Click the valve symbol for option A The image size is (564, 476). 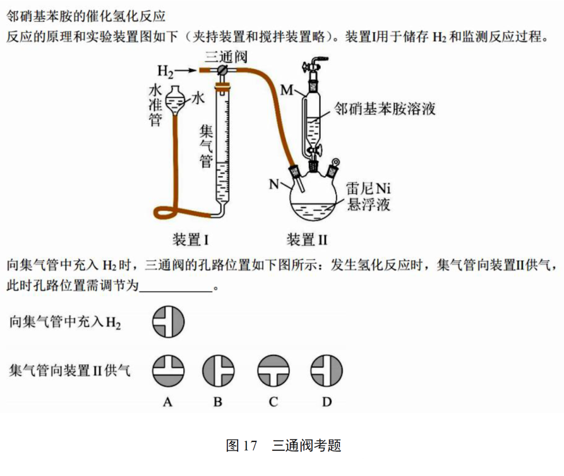(168, 371)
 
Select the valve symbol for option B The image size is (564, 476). (218, 371)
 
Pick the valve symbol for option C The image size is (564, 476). (273, 371)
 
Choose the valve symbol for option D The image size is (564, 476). (327, 371)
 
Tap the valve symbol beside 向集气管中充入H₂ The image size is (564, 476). (168, 321)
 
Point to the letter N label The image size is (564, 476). (275, 184)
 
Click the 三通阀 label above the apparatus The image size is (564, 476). (226, 57)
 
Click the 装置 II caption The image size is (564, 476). (307, 240)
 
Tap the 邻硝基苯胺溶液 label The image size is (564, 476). (385, 109)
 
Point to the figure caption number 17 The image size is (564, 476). (250, 446)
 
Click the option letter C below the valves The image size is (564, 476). (273, 402)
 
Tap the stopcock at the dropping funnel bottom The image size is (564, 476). (313, 151)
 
